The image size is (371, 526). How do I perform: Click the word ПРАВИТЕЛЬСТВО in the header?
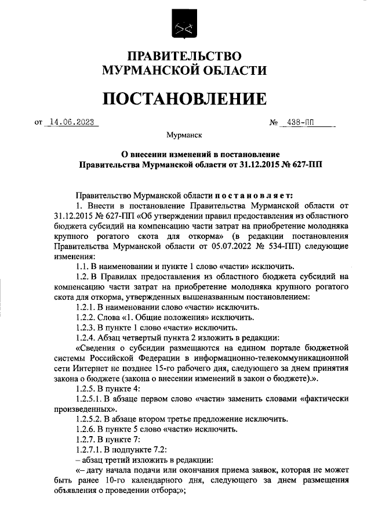coord(184,56)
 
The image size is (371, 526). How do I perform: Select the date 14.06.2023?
coord(72,122)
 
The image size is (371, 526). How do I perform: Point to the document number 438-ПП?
coord(303,123)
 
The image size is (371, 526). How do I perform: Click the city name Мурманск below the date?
coord(184,135)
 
